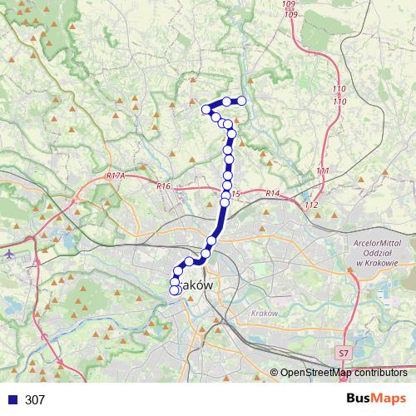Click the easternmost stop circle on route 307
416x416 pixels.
(242, 101)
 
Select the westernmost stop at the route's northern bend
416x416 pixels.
(206, 108)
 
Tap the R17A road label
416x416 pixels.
(116, 176)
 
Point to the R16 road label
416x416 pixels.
(163, 186)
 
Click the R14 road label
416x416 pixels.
(272, 194)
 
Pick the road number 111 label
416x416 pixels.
(323, 171)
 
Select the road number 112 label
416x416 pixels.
(312, 205)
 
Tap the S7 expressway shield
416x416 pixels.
(344, 354)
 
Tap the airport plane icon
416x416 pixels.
(8, 253)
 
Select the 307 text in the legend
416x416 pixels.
(35, 399)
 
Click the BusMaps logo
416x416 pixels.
(376, 399)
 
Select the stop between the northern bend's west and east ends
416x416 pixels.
(226, 102)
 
